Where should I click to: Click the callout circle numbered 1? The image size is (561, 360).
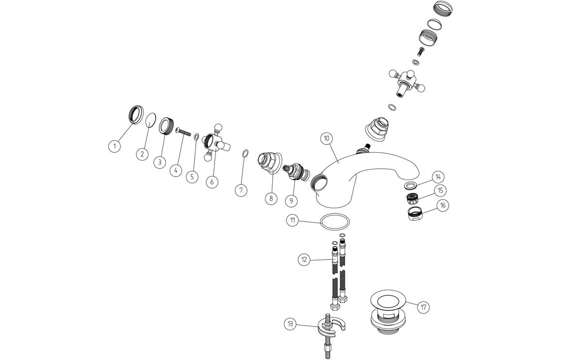pyautogui.click(x=114, y=146)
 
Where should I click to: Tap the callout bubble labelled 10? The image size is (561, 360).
pyautogui.click(x=327, y=138)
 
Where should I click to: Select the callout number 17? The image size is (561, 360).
pyautogui.click(x=424, y=307)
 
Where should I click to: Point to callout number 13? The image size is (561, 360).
pyautogui.click(x=290, y=324)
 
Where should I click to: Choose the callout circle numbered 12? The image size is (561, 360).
pyautogui.click(x=304, y=260)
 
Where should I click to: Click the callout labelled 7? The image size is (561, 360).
pyautogui.click(x=242, y=190)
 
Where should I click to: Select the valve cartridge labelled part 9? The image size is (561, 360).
pyautogui.click(x=296, y=170)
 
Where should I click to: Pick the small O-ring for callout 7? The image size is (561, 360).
pyautogui.click(x=246, y=154)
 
